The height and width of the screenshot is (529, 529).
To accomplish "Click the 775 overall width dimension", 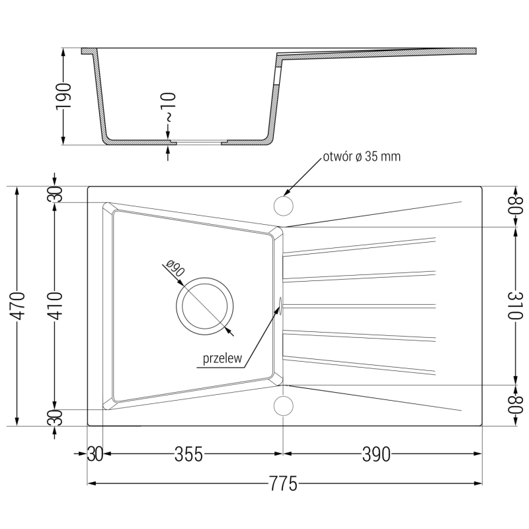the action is point(283,484).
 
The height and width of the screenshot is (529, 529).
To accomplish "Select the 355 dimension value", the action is point(188,454).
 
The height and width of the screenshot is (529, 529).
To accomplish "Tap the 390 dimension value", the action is point(376,454).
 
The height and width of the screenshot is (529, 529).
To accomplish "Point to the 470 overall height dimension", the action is point(18,305).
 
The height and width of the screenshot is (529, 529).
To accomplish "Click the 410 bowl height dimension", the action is point(55,305).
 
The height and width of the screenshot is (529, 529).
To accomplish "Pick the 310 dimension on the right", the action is point(515,305).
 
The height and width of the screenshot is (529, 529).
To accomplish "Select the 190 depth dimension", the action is point(63,96).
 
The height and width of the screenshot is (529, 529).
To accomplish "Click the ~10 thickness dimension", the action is point(168,107).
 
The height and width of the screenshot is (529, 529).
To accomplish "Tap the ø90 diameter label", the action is point(175,268).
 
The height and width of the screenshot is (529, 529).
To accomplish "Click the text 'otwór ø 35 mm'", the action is point(362,157).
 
